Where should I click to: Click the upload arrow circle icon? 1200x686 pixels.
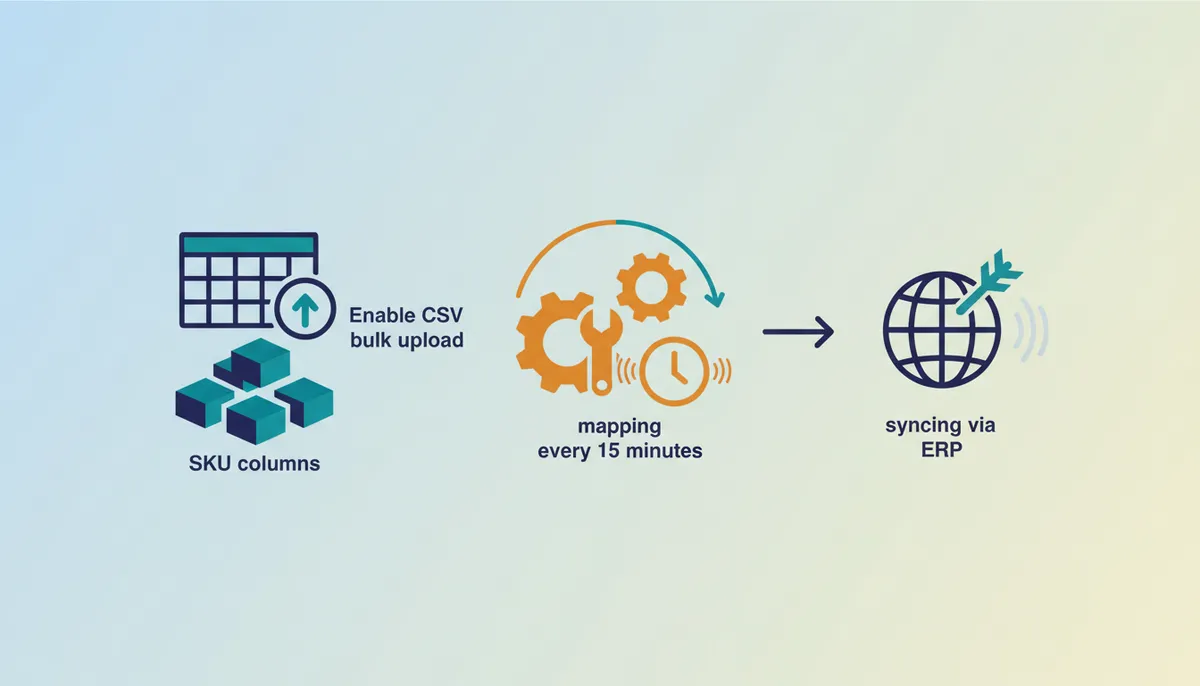305,309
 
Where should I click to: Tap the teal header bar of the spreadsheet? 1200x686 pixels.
249,244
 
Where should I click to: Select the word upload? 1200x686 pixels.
431,340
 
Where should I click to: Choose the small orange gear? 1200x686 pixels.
651,288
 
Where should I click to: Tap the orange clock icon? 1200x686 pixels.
674,371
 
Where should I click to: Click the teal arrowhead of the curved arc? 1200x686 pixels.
715,298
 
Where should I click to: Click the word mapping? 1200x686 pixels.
619,427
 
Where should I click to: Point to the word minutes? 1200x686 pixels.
664,451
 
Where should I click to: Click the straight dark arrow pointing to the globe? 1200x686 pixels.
798,332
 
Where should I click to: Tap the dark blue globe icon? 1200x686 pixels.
942,330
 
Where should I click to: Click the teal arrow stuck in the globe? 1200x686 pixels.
989,282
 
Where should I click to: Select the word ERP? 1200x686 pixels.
941,450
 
